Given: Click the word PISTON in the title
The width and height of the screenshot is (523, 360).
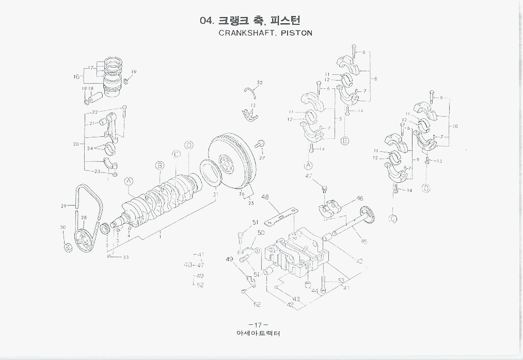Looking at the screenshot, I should [297, 33].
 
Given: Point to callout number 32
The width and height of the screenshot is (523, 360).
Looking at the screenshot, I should [259, 83].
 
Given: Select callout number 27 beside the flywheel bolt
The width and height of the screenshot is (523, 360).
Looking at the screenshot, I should [262, 158].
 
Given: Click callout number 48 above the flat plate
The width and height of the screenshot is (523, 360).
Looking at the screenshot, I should [265, 197].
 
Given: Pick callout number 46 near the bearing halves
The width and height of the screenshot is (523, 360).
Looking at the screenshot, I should [359, 198].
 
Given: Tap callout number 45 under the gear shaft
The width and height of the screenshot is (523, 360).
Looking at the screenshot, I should [363, 241].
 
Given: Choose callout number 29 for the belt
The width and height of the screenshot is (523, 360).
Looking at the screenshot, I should [64, 206].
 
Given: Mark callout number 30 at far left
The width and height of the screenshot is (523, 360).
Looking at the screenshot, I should [62, 227].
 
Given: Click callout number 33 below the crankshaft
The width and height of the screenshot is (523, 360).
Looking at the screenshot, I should [125, 257].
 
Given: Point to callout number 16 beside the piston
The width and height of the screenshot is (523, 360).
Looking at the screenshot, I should [76, 77].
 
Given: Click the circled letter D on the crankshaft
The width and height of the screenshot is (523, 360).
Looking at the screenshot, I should [189, 145].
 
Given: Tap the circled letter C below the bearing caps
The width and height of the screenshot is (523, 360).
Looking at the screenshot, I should [393, 218].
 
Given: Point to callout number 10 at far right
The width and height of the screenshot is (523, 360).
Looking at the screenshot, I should [454, 126].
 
